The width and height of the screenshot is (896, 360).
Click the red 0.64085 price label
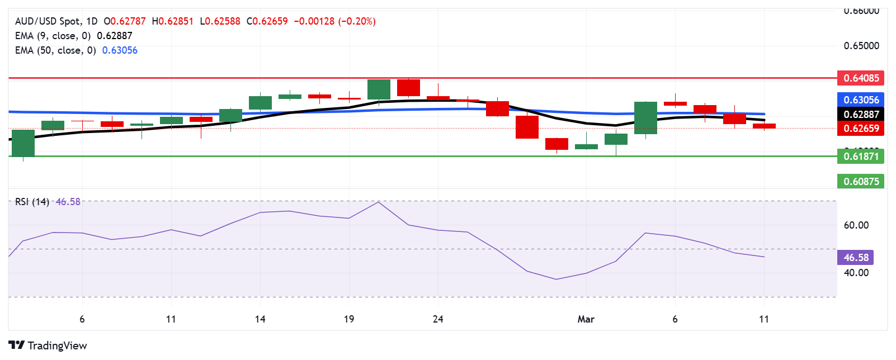[x=861, y=78]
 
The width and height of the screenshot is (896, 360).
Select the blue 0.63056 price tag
[x=861, y=100]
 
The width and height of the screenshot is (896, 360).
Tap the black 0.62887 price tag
[x=861, y=115]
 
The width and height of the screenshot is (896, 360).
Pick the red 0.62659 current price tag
[x=861, y=129]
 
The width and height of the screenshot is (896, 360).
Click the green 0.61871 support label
[x=861, y=157]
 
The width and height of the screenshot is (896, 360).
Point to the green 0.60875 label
[x=861, y=181]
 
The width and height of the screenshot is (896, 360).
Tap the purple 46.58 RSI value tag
[x=856, y=258]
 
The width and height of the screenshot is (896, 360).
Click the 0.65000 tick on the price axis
[x=861, y=46]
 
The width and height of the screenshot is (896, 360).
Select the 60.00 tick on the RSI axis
[x=856, y=225]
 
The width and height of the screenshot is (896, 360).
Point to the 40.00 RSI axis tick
[x=856, y=273]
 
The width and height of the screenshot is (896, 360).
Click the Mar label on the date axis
[x=586, y=319]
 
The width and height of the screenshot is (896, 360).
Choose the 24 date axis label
[x=438, y=319]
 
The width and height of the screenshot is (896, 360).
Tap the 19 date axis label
[x=349, y=319]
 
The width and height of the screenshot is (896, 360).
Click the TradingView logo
[x=48, y=345]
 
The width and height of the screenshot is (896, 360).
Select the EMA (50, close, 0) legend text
[x=55, y=50]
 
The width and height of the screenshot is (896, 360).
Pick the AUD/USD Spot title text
[x=48, y=21]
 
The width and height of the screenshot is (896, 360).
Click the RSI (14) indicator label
[x=32, y=202]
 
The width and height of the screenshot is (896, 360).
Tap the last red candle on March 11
[x=764, y=126]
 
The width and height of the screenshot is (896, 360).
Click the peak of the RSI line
[x=379, y=202]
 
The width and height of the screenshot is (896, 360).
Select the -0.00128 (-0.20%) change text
[x=334, y=21]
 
